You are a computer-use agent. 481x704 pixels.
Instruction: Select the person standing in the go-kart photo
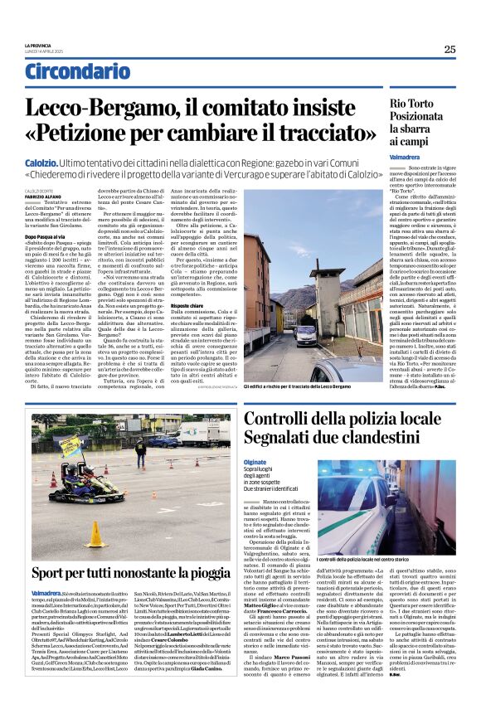[140, 455]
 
